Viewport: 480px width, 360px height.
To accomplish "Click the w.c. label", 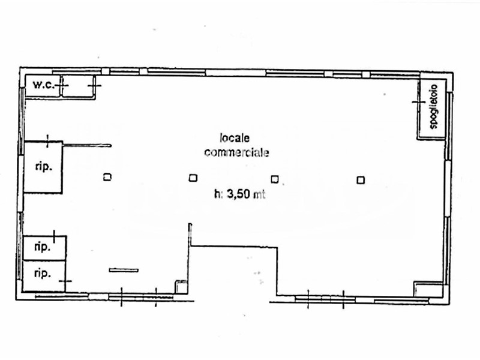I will pyautogui.click(x=44, y=85).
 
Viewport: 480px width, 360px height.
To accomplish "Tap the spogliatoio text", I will pyautogui.click(x=433, y=109).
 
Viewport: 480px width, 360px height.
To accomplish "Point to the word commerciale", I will pyautogui.click(x=236, y=152).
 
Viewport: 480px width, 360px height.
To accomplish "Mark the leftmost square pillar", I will pyautogui.click(x=107, y=177).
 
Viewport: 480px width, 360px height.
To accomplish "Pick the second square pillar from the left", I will pyautogui.click(x=193, y=178).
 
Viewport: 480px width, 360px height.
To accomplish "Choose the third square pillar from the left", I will pyautogui.click(x=275, y=178).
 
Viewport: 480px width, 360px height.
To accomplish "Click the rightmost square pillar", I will pyautogui.click(x=361, y=179).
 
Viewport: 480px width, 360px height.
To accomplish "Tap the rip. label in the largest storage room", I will pyautogui.click(x=43, y=167).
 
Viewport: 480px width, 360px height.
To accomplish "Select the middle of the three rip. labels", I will pyautogui.click(x=41, y=247).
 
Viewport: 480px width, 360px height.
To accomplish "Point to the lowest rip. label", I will pyautogui.click(x=41, y=274).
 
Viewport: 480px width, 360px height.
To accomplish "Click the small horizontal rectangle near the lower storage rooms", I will pyautogui.click(x=124, y=270).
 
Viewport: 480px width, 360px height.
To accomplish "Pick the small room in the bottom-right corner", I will pyautogui.click(x=428, y=289).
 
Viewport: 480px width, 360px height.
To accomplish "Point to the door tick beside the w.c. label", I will pyautogui.click(x=64, y=86).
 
